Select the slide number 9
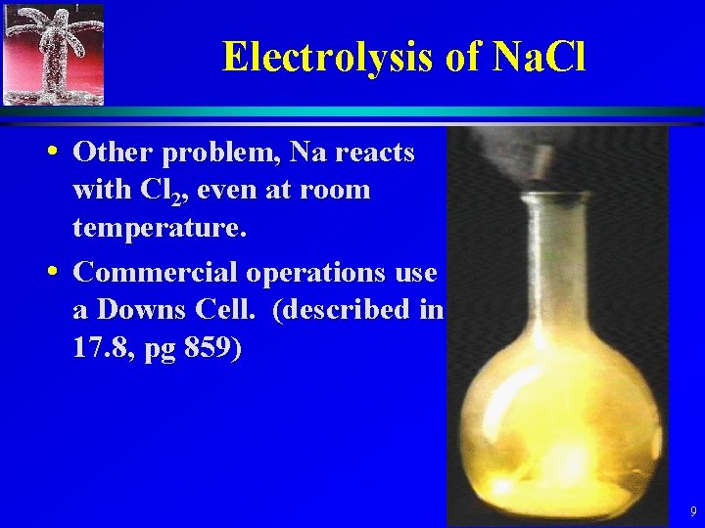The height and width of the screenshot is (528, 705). click(692, 511)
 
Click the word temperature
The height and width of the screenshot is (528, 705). click(159, 230)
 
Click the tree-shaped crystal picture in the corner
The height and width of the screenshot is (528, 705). click(54, 54)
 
